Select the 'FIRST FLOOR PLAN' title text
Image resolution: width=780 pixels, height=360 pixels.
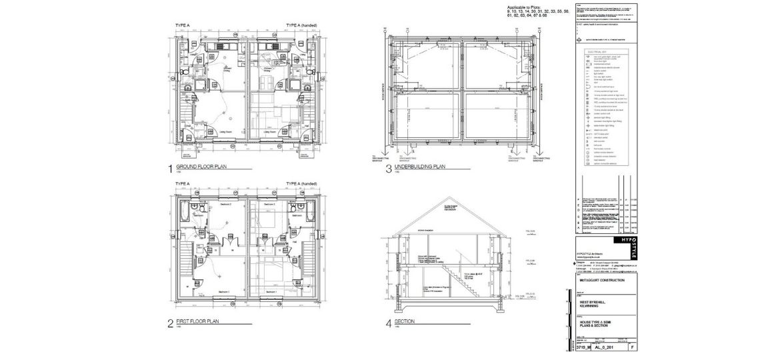coord(198,321)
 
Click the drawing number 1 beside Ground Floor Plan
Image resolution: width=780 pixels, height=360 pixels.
coord(171,168)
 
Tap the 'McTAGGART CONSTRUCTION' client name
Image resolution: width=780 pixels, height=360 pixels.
coord(604,281)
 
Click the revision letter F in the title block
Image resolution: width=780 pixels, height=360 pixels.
coord(632,347)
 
